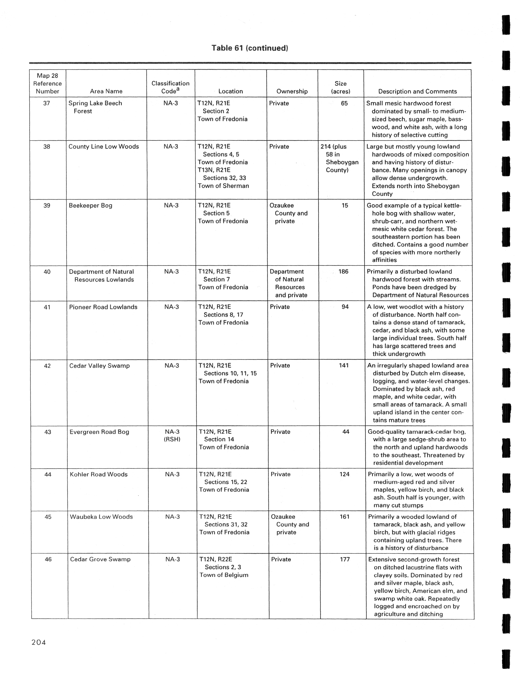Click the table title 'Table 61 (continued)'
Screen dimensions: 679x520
point(250,48)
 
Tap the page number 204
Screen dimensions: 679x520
point(39,643)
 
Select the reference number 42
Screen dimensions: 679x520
point(47,366)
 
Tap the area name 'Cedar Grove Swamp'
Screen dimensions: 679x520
point(100,559)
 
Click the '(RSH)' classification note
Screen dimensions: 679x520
point(172,439)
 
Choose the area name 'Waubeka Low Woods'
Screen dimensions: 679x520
point(101,517)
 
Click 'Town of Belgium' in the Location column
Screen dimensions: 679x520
point(224,575)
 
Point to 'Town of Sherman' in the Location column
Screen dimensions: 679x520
point(223,186)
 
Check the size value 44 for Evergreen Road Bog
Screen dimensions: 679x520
point(346,432)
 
